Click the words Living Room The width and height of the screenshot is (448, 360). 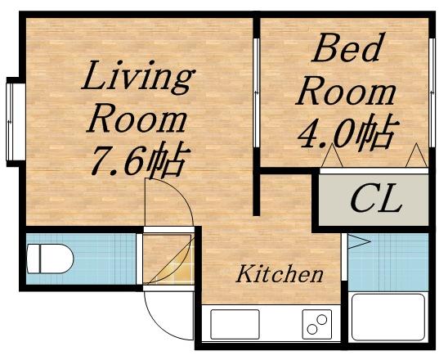pos(137,98)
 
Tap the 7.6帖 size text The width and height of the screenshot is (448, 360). pos(137,160)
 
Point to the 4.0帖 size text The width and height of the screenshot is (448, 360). pos(344,131)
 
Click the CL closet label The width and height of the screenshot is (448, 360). pos(375,199)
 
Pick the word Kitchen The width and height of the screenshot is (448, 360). pos(280,275)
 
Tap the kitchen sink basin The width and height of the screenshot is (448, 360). pos(235,324)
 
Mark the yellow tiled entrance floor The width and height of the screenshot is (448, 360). pos(167,259)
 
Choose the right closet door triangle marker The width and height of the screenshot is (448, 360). pos(414,155)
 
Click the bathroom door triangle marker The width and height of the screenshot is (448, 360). pos(356,241)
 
